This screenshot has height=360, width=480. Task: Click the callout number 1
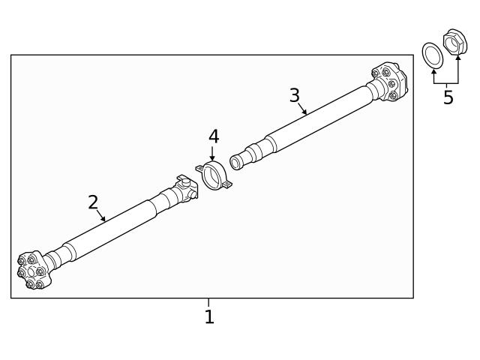click(209, 317)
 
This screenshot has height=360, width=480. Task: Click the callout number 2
click(93, 202)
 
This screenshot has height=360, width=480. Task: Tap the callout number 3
click(295, 95)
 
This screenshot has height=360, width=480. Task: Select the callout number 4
click(214, 136)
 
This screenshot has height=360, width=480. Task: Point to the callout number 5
click(448, 97)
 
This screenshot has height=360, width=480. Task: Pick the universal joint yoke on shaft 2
click(182, 190)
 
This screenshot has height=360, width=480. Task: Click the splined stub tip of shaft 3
click(237, 161)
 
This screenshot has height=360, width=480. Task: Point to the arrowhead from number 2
click(104, 219)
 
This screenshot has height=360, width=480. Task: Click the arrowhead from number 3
click(306, 113)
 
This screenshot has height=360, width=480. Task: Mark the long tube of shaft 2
click(112, 227)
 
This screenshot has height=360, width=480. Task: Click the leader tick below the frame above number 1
click(209, 302)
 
